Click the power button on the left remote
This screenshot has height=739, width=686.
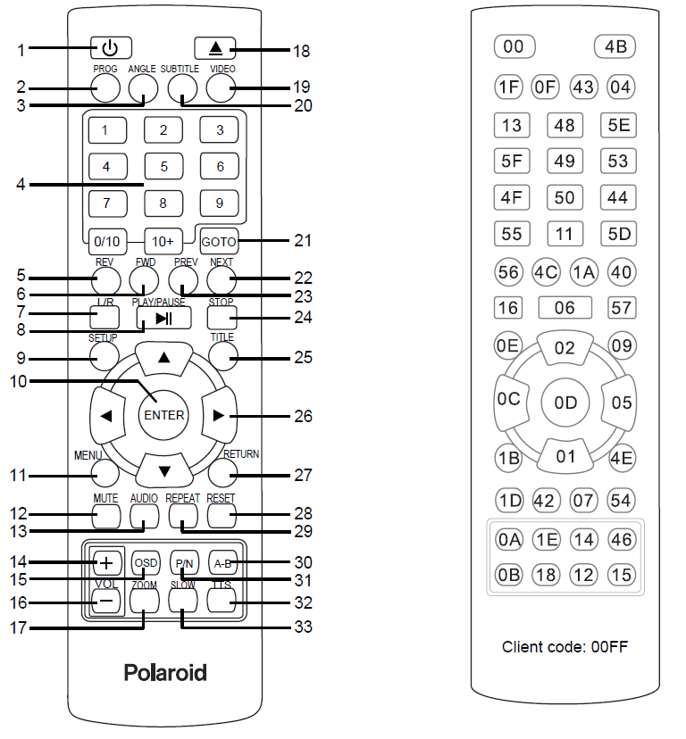tap(110, 47)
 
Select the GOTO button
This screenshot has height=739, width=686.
tap(218, 241)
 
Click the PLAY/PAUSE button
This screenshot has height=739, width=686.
tap(163, 318)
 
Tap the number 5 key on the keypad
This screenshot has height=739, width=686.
tap(163, 166)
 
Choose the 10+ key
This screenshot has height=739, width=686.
tap(163, 241)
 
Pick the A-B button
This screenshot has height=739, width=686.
tap(222, 563)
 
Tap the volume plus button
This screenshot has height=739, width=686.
tap(105, 562)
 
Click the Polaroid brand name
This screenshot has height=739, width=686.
tap(164, 672)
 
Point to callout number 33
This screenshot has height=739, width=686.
tap(304, 627)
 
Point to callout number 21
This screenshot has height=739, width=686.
tap(303, 240)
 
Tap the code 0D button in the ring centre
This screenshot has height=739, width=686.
tap(565, 403)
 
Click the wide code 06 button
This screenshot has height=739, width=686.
tap(565, 308)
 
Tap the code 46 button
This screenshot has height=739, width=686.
tap(621, 539)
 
